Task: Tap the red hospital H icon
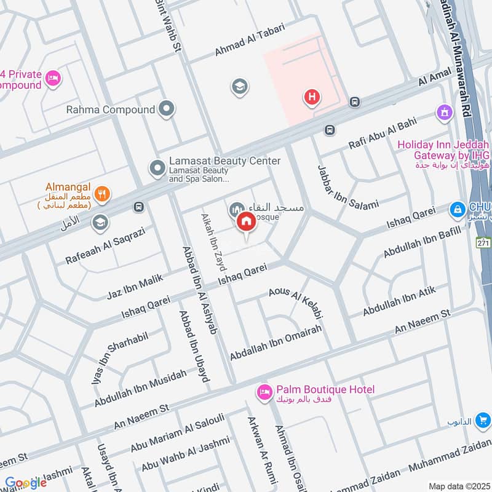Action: (x=312, y=97)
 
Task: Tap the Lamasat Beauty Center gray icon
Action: (x=157, y=167)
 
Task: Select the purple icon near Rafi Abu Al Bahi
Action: (x=443, y=112)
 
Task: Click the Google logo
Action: (x=25, y=483)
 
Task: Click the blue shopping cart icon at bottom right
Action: (x=484, y=420)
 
